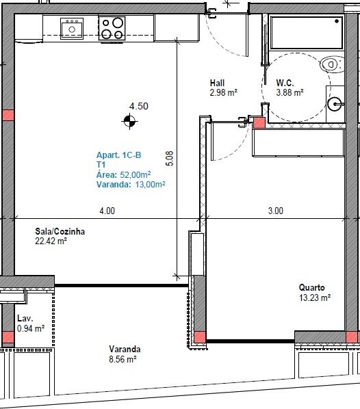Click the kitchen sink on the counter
[x=72, y=29]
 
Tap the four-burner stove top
[x=112, y=29]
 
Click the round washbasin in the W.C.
[x=335, y=104]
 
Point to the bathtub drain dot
[x=337, y=21]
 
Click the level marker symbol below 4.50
[x=130, y=121]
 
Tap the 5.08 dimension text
[x=170, y=158]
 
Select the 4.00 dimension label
[x=107, y=211]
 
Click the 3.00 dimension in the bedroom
[x=276, y=211]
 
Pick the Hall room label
[x=217, y=83]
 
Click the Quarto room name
[x=311, y=288]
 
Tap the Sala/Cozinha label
[x=60, y=231]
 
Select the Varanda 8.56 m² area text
[x=123, y=360]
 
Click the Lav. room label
[x=25, y=318]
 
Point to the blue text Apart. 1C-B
[x=119, y=155]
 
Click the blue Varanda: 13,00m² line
[x=131, y=185]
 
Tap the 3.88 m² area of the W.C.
[x=290, y=92]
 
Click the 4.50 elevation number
[x=139, y=106]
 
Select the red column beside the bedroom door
[x=259, y=122]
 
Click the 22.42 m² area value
[x=51, y=241]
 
